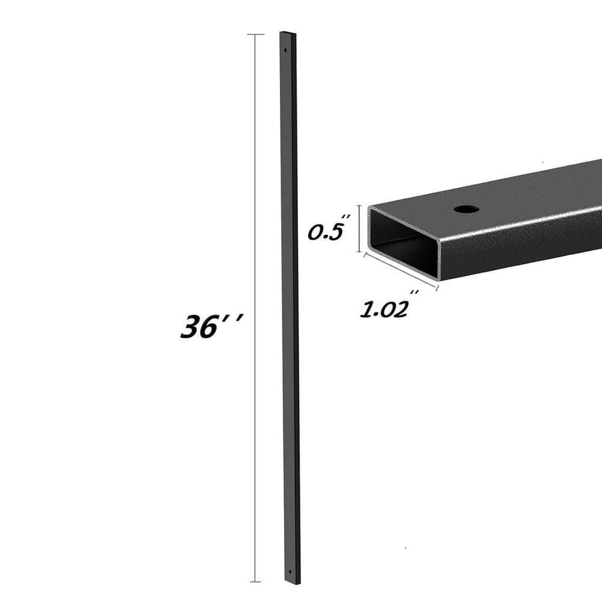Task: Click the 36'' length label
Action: pyautogui.click(x=211, y=326)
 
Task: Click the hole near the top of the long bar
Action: pyautogui.click(x=285, y=50)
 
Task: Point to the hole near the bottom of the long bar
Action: pyautogui.click(x=290, y=572)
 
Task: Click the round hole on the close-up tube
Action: pyautogui.click(x=466, y=209)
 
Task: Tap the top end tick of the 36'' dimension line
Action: pyautogui.click(x=256, y=34)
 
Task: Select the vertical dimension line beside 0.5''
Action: pyautogui.click(x=360, y=229)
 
